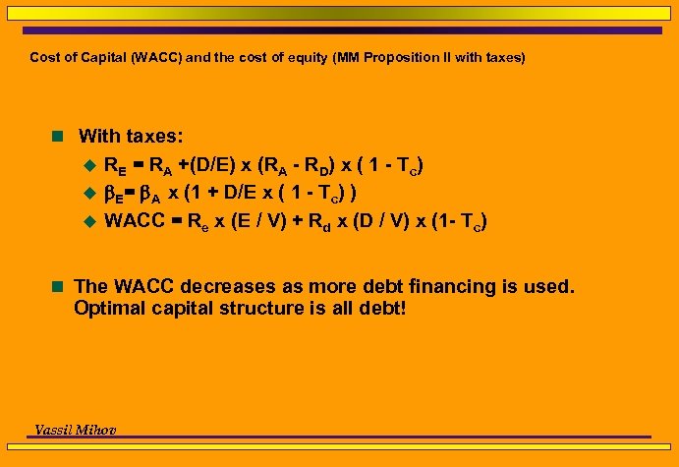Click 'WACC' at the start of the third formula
click(135, 220)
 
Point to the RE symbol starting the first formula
click(114, 164)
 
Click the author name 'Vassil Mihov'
click(77, 430)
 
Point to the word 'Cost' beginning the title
click(43, 58)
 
